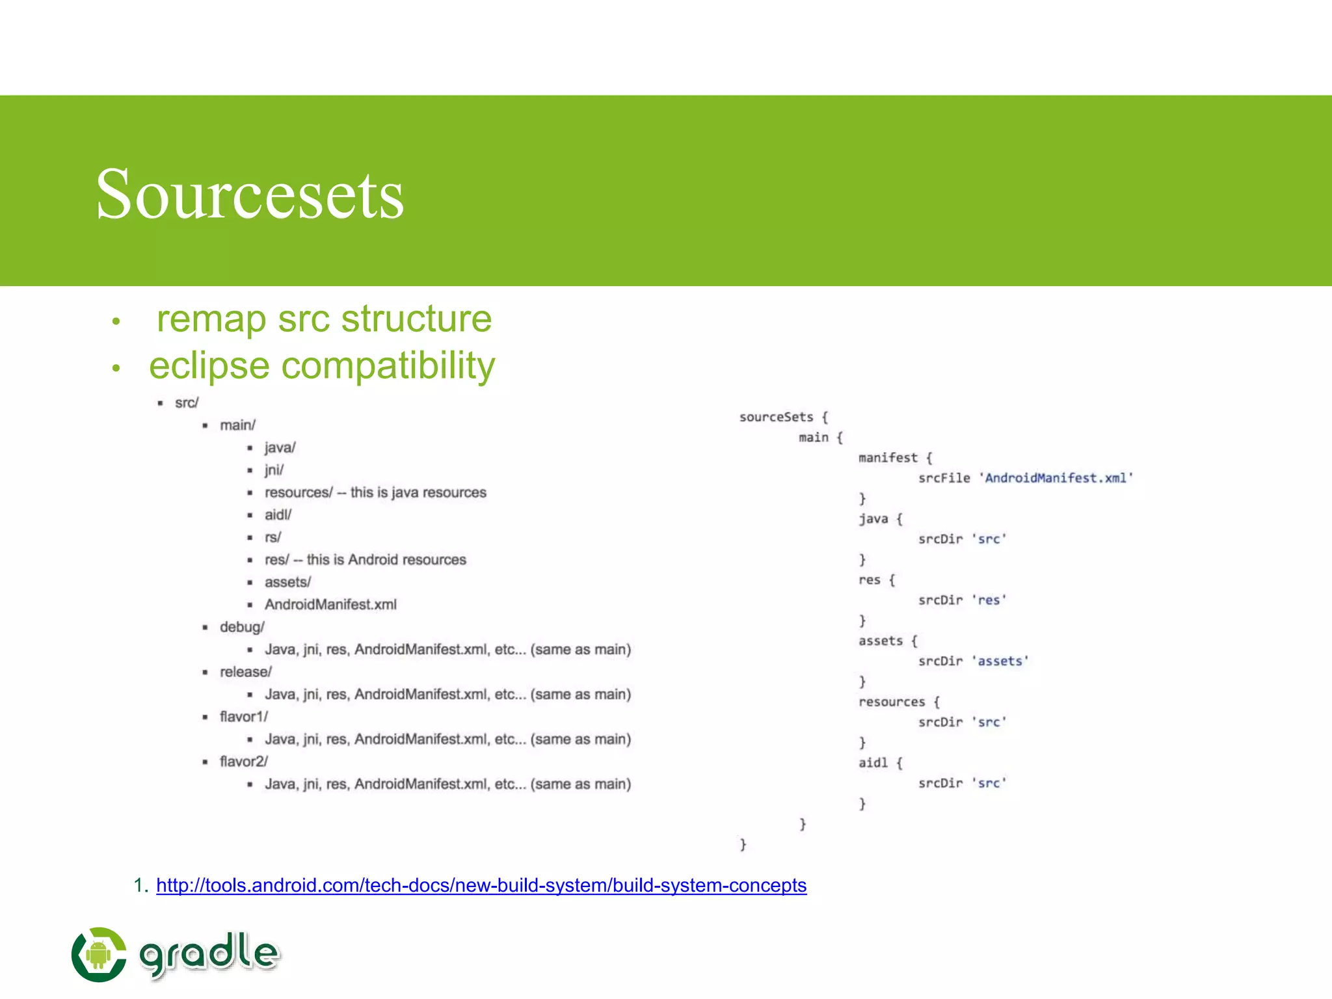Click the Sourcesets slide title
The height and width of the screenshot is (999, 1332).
pyautogui.click(x=250, y=194)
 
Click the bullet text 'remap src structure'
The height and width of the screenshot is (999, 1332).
pyautogui.click(x=323, y=319)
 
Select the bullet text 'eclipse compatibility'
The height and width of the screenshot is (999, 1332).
pyautogui.click(x=322, y=366)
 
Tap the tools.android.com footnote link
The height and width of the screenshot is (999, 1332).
pyautogui.click(x=481, y=885)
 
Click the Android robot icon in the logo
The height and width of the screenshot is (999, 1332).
pyautogui.click(x=98, y=955)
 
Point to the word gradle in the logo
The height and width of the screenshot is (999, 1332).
pyautogui.click(x=209, y=953)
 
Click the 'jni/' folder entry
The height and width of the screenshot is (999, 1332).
pyautogui.click(x=274, y=470)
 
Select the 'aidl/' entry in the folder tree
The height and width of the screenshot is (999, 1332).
pyautogui.click(x=278, y=514)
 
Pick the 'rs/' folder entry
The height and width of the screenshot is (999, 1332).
pyautogui.click(x=273, y=537)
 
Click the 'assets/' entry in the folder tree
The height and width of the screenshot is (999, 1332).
pyautogui.click(x=287, y=582)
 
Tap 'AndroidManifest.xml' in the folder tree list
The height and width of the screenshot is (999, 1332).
pyautogui.click(x=330, y=604)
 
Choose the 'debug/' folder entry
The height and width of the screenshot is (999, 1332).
pyautogui.click(x=242, y=627)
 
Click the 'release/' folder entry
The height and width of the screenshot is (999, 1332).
pyautogui.click(x=246, y=672)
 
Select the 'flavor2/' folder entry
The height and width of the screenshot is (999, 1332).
pyautogui.click(x=244, y=762)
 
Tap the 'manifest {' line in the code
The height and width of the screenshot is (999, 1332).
pyautogui.click(x=895, y=458)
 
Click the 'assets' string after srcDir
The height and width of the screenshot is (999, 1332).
pyautogui.click(x=1000, y=661)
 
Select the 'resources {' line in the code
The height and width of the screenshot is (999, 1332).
pyautogui.click(x=899, y=702)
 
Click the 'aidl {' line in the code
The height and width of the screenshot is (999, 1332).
pyautogui.click(x=880, y=763)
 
